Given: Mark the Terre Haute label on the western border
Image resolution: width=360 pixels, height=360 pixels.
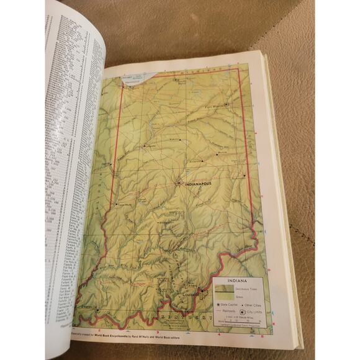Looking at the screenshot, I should coord(122,205).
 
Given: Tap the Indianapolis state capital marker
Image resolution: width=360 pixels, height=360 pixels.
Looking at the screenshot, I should coord(178,183).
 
